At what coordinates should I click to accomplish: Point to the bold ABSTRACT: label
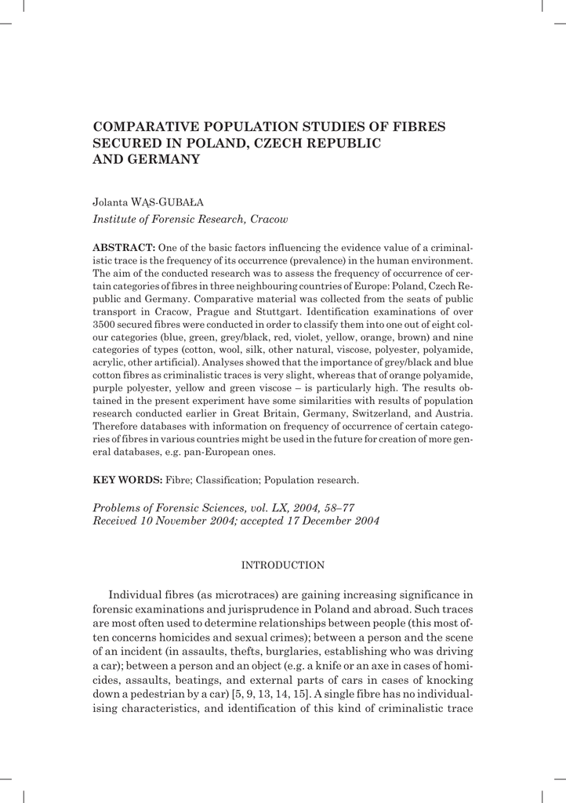coord(124,247)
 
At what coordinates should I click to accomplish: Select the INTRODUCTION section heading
coord(282,565)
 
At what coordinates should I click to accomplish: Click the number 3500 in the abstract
coord(105,324)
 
